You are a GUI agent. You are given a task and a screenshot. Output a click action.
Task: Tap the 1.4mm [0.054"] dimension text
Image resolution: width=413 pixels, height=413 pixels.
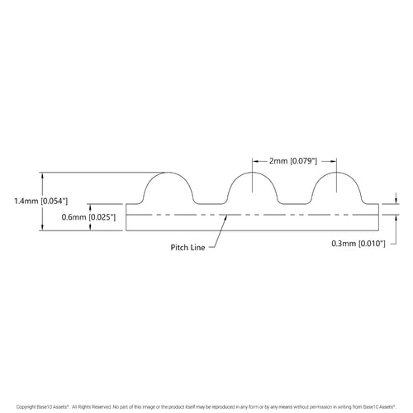(40, 201)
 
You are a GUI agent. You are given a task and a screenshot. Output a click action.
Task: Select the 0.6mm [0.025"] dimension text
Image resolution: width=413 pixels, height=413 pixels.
(88, 216)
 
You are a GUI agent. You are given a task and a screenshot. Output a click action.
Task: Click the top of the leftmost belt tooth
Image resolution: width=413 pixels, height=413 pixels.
(169, 172)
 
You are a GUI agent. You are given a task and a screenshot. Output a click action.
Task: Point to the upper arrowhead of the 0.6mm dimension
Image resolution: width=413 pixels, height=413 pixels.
(88, 206)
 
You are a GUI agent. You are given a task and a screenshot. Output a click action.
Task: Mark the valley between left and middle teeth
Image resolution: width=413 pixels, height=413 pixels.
(211, 204)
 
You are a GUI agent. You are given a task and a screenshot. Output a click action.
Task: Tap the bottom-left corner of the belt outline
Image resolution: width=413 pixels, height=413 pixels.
(126, 230)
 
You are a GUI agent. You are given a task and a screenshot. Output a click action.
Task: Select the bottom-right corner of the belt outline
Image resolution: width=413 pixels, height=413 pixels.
(381, 230)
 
